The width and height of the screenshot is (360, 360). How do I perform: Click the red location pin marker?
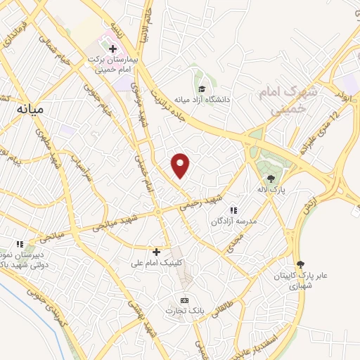pyautogui.click(x=181, y=165)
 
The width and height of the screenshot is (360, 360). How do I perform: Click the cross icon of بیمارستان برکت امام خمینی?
pyautogui.click(x=112, y=49)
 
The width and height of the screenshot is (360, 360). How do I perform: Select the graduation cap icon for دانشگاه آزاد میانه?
pyautogui.click(x=202, y=89)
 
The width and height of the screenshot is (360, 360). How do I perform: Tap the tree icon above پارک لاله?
pyautogui.click(x=271, y=178)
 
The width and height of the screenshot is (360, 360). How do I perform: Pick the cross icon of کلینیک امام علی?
pyautogui.click(x=156, y=251)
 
